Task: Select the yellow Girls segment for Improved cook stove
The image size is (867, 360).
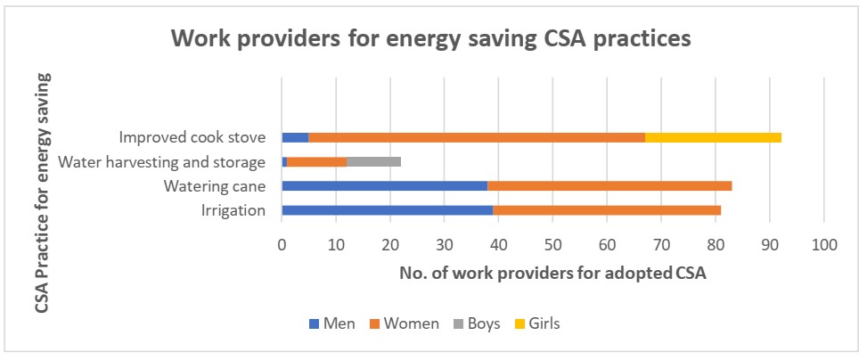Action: click(x=713, y=137)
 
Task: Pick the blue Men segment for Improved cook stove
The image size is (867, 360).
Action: click(x=295, y=137)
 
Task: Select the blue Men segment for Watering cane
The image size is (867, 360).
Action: click(x=384, y=186)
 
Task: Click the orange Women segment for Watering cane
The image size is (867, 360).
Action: click(x=609, y=186)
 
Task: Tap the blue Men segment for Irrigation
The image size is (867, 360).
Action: click(x=387, y=210)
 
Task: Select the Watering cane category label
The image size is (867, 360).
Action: click(x=214, y=187)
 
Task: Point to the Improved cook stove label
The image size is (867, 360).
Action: click(x=192, y=138)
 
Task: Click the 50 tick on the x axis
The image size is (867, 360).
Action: click(x=552, y=241)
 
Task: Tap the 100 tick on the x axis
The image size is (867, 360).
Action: click(x=823, y=241)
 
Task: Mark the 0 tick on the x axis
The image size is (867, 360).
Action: click(x=282, y=241)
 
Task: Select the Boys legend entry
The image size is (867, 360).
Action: click(x=476, y=323)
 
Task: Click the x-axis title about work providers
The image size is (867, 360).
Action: click(x=552, y=274)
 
